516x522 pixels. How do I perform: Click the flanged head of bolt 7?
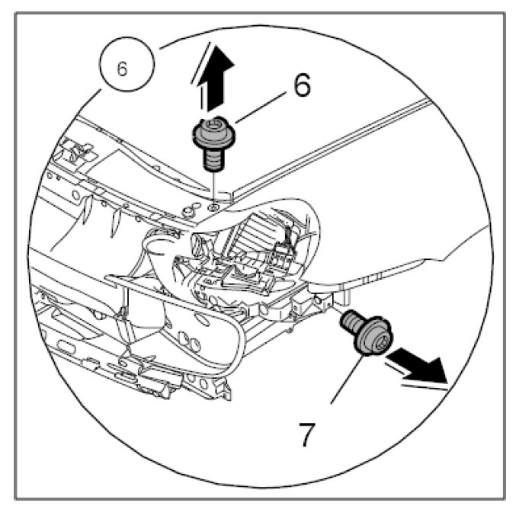point(373,335)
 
